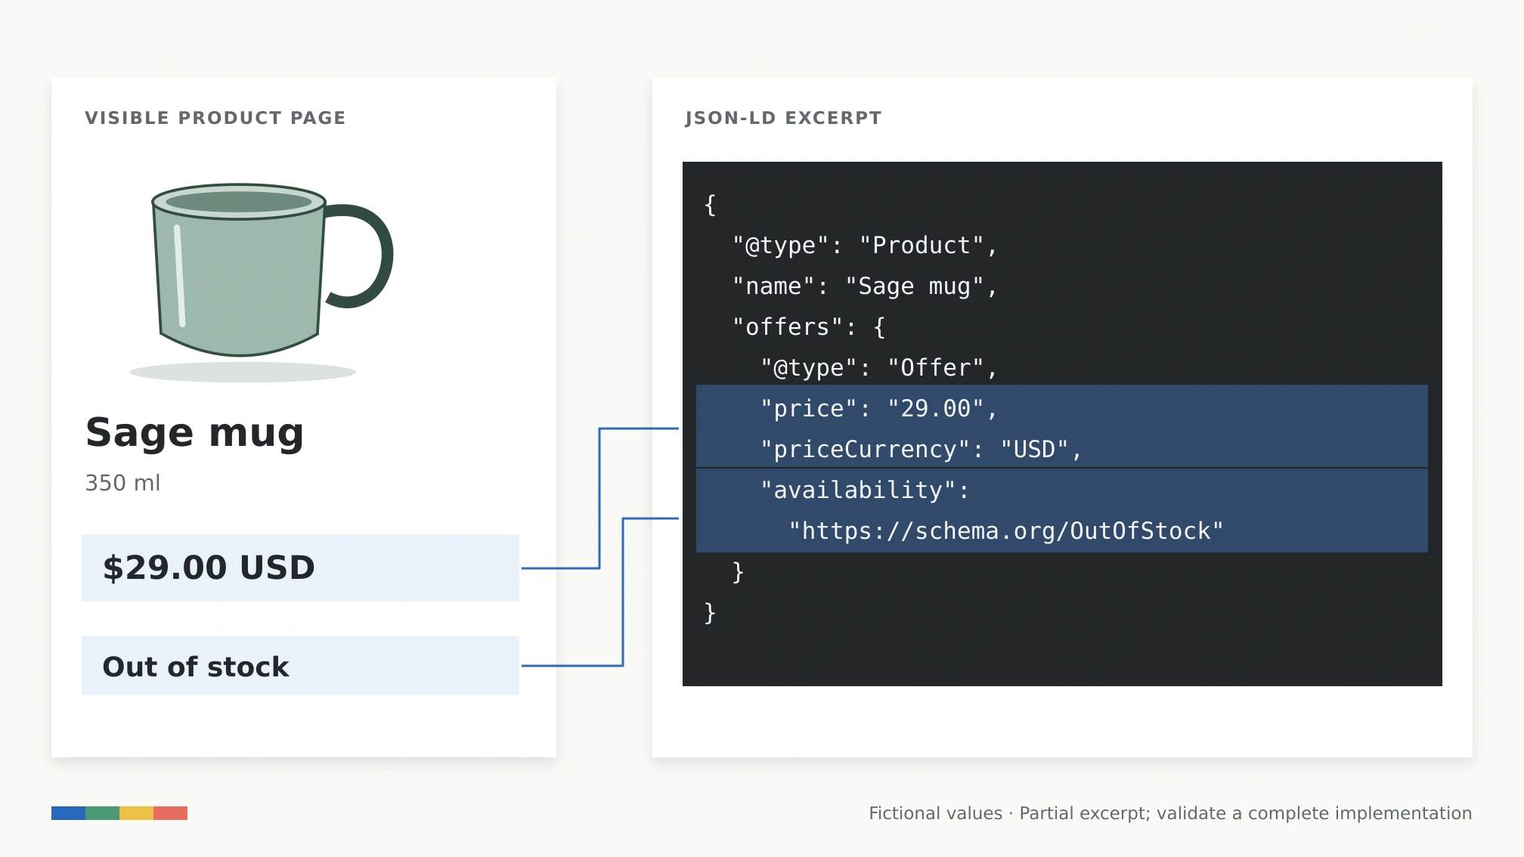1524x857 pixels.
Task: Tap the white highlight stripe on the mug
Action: pyautogui.click(x=180, y=276)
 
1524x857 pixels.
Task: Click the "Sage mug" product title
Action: pyautogui.click(x=195, y=433)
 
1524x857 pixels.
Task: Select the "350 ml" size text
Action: pyautogui.click(x=122, y=483)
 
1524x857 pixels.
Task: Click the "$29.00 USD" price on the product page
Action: pyautogui.click(x=209, y=568)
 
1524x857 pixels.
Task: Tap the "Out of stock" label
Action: pyautogui.click(x=196, y=667)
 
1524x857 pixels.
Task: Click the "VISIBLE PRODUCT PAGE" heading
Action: pyautogui.click(x=215, y=118)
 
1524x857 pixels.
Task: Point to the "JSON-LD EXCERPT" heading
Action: pyautogui.click(x=783, y=118)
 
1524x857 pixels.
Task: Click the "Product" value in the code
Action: pyautogui.click(x=922, y=246)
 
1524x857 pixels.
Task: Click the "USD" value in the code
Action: pyautogui.click(x=1034, y=450)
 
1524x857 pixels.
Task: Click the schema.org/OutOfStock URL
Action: pyautogui.click(x=1005, y=531)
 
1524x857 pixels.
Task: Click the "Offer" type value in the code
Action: pyautogui.click(x=936, y=368)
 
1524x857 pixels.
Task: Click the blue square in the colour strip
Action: pyautogui.click(x=68, y=813)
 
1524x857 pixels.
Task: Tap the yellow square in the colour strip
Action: pyautogui.click(x=136, y=813)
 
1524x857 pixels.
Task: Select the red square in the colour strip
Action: pyautogui.click(x=170, y=813)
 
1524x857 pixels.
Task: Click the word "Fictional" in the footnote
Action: pyautogui.click(x=897, y=813)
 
